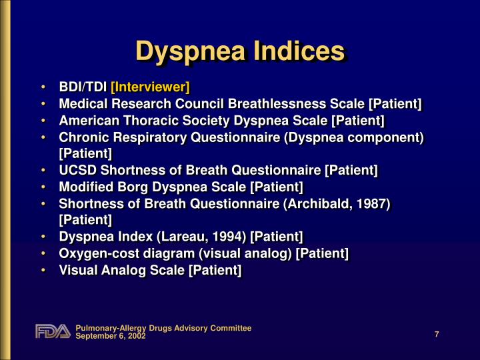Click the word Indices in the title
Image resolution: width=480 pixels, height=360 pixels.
tap(299, 51)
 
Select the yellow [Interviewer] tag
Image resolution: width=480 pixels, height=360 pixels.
tap(150, 87)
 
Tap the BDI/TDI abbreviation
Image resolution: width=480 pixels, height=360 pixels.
tap(83, 87)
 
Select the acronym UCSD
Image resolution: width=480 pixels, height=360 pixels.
tap(78, 170)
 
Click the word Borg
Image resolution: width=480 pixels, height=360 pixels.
tap(135, 187)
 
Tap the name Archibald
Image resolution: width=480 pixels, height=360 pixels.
tap(319, 204)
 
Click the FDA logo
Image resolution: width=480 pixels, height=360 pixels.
tap(53, 331)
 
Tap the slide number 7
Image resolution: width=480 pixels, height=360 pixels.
tap(437, 334)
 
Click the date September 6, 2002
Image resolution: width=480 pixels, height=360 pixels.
tap(111, 336)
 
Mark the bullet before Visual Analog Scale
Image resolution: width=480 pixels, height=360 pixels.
tap(43, 270)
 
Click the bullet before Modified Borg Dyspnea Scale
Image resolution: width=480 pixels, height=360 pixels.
tap(43, 187)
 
